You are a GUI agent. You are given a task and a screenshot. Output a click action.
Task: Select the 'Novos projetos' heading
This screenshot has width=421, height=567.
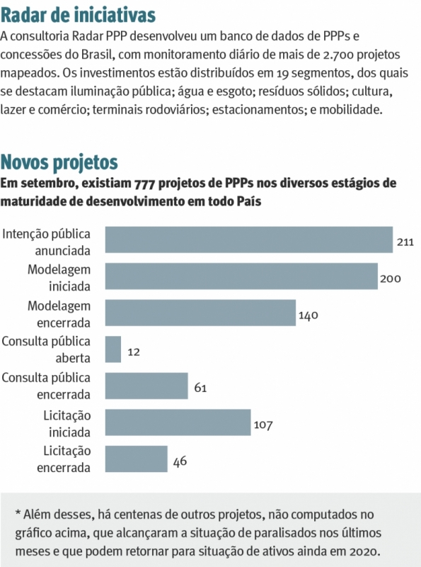(x=59, y=162)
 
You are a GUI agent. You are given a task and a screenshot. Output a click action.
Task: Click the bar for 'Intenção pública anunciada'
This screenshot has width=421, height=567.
(x=248, y=240)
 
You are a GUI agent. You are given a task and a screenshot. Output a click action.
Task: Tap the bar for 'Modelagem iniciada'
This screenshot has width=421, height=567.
(x=241, y=276)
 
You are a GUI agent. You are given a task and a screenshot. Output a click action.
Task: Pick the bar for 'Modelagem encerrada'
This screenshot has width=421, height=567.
(x=200, y=313)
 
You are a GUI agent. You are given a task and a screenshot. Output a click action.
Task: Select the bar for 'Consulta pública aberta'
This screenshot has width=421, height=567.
(x=113, y=349)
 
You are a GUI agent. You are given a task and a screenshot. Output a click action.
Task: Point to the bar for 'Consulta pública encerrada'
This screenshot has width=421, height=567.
(x=146, y=386)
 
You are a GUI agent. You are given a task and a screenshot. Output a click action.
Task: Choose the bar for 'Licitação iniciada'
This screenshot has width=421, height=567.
(x=178, y=422)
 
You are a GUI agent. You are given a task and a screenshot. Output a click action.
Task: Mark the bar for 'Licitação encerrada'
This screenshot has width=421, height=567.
(x=136, y=459)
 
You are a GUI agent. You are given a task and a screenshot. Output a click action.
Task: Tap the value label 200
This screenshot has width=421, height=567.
(x=390, y=278)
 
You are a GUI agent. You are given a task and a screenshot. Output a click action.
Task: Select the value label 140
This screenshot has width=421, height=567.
(x=308, y=315)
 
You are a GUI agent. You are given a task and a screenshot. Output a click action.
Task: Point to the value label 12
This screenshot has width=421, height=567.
(x=134, y=352)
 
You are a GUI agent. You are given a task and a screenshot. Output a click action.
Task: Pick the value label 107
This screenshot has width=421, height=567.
(x=263, y=425)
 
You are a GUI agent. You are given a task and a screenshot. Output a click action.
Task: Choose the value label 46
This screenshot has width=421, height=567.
(x=180, y=461)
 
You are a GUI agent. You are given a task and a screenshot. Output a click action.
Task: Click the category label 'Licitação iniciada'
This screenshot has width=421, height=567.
(x=67, y=422)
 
